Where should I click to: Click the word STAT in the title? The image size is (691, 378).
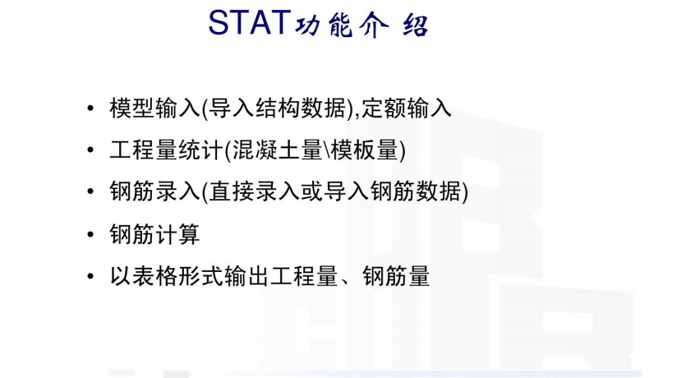click(250, 22)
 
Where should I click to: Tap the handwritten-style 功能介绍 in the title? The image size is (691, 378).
click(362, 25)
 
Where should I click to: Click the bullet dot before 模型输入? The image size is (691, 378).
click(90, 108)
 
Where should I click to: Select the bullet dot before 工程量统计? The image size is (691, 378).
click(90, 150)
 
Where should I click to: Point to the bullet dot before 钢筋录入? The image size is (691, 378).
click(90, 191)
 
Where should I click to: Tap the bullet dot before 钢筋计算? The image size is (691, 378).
click(90, 233)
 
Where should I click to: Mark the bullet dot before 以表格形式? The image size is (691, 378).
click(90, 276)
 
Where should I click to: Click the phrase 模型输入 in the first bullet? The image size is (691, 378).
click(155, 108)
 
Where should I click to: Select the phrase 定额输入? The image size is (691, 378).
click(407, 108)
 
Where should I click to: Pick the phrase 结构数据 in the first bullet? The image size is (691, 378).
click(301, 108)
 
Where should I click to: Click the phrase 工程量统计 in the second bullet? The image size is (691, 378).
click(167, 150)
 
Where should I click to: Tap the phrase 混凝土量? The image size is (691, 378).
click(278, 150)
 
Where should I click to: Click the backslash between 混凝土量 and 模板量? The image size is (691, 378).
click(327, 150)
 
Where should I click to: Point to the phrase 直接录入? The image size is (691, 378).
click(254, 191)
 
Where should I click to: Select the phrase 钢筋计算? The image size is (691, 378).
click(155, 233)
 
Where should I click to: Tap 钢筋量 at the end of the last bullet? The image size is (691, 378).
click(396, 276)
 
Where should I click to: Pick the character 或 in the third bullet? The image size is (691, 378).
click(311, 191)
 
